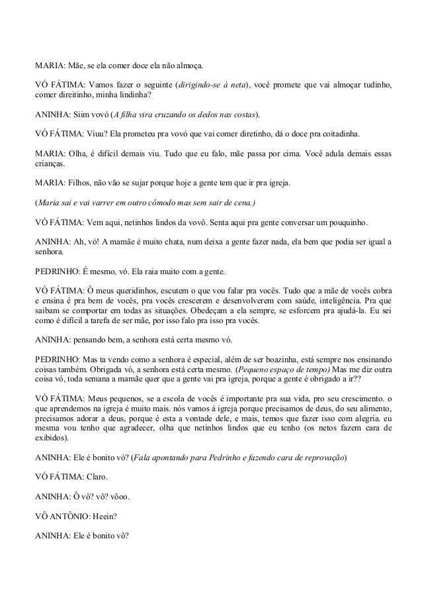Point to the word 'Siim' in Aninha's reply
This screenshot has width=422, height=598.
point(81,113)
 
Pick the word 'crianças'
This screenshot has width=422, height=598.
point(50,160)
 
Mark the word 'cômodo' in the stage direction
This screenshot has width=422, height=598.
point(153,201)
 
